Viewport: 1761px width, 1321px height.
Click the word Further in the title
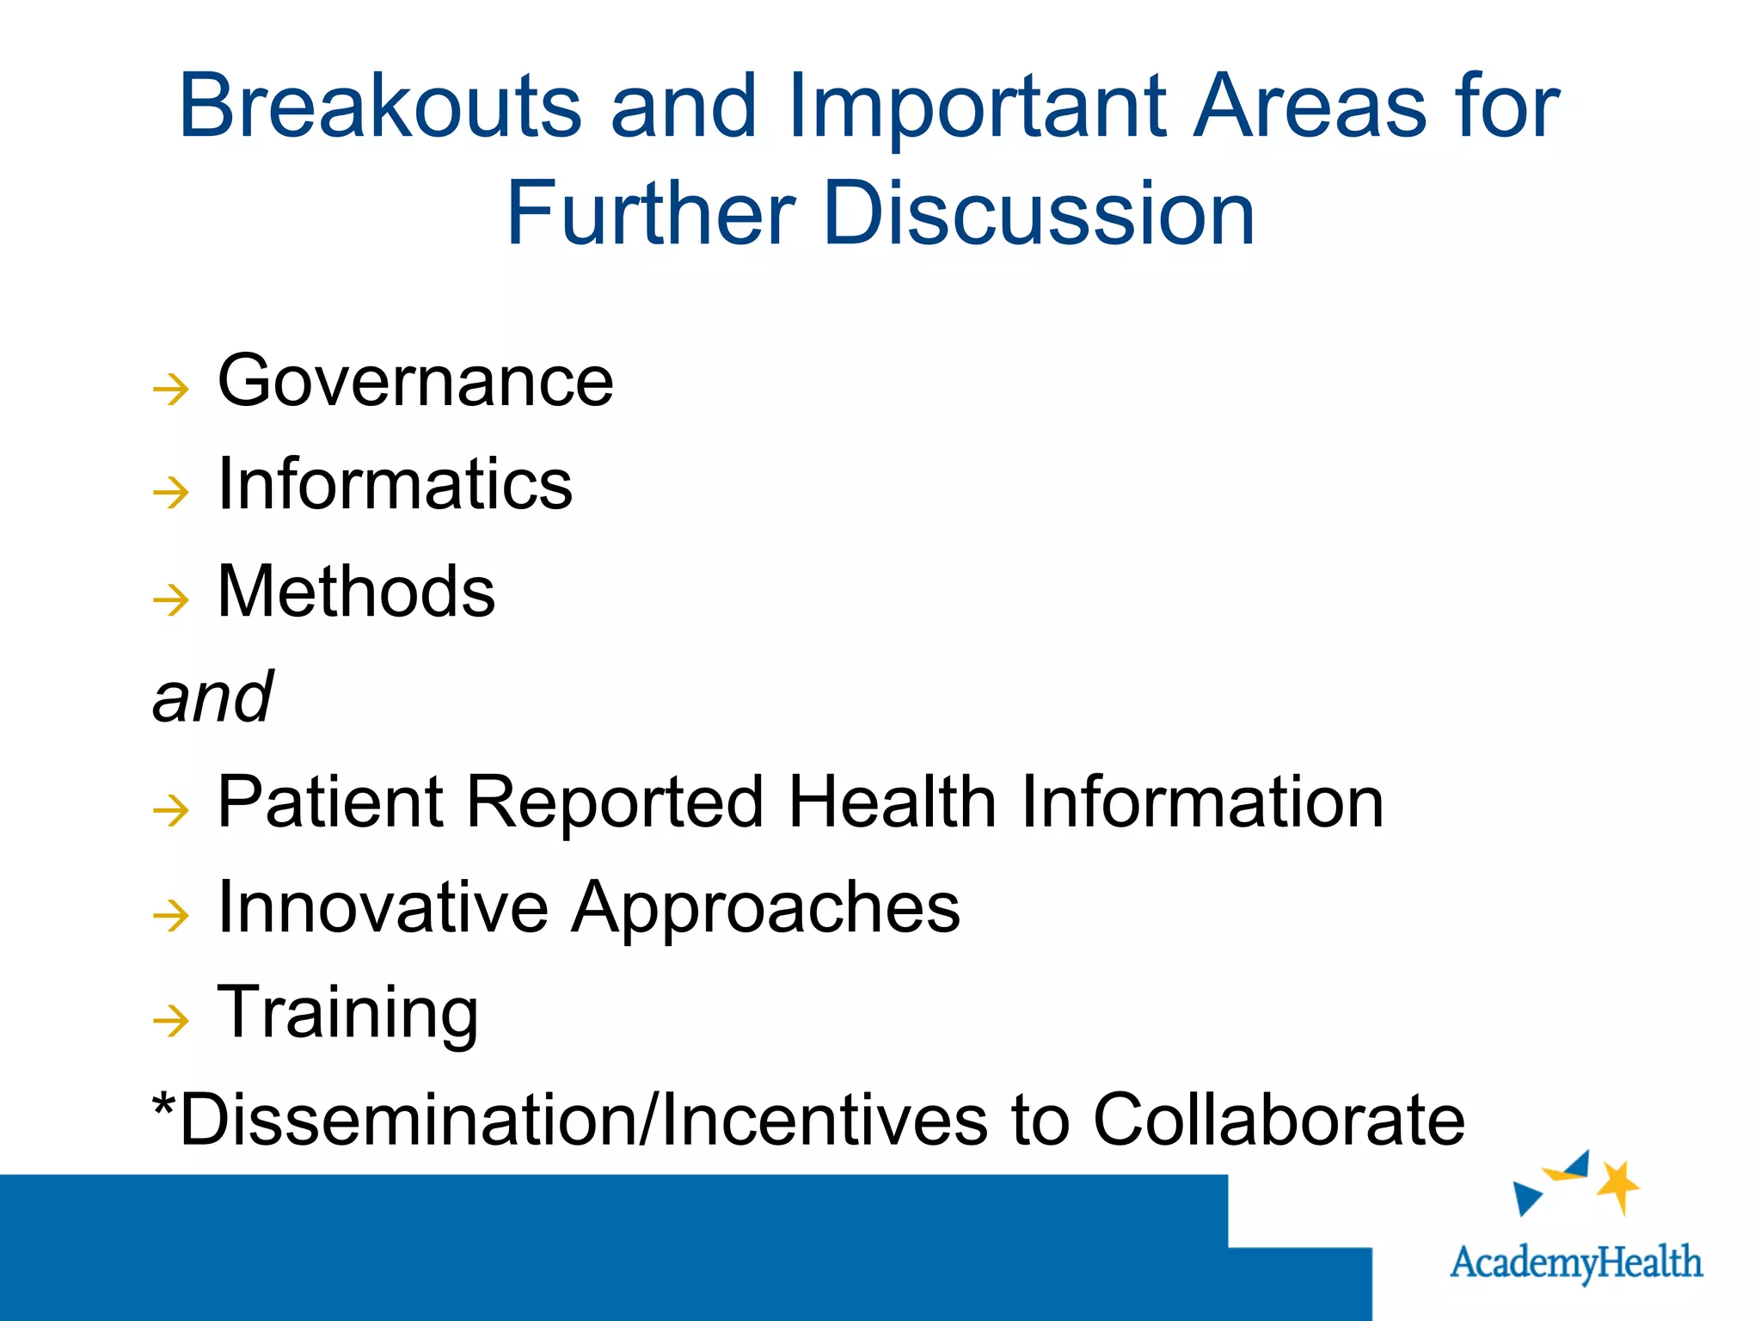tap(650, 214)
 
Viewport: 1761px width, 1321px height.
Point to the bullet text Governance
tap(415, 382)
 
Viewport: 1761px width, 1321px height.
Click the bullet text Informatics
tap(395, 485)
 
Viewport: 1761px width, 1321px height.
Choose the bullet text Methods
tap(356, 592)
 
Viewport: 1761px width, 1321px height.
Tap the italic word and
tap(212, 697)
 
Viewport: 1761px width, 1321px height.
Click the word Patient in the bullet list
tap(330, 802)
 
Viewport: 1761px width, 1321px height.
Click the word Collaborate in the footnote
tap(1278, 1121)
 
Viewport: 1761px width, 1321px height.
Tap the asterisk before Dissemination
tap(163, 1105)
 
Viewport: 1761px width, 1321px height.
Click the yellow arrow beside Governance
tap(170, 390)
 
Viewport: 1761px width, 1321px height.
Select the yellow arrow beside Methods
tap(170, 600)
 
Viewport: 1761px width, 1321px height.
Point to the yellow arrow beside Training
tap(170, 1022)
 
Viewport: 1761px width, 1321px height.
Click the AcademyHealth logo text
tap(1575, 1263)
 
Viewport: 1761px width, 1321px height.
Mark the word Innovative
tap(383, 908)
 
